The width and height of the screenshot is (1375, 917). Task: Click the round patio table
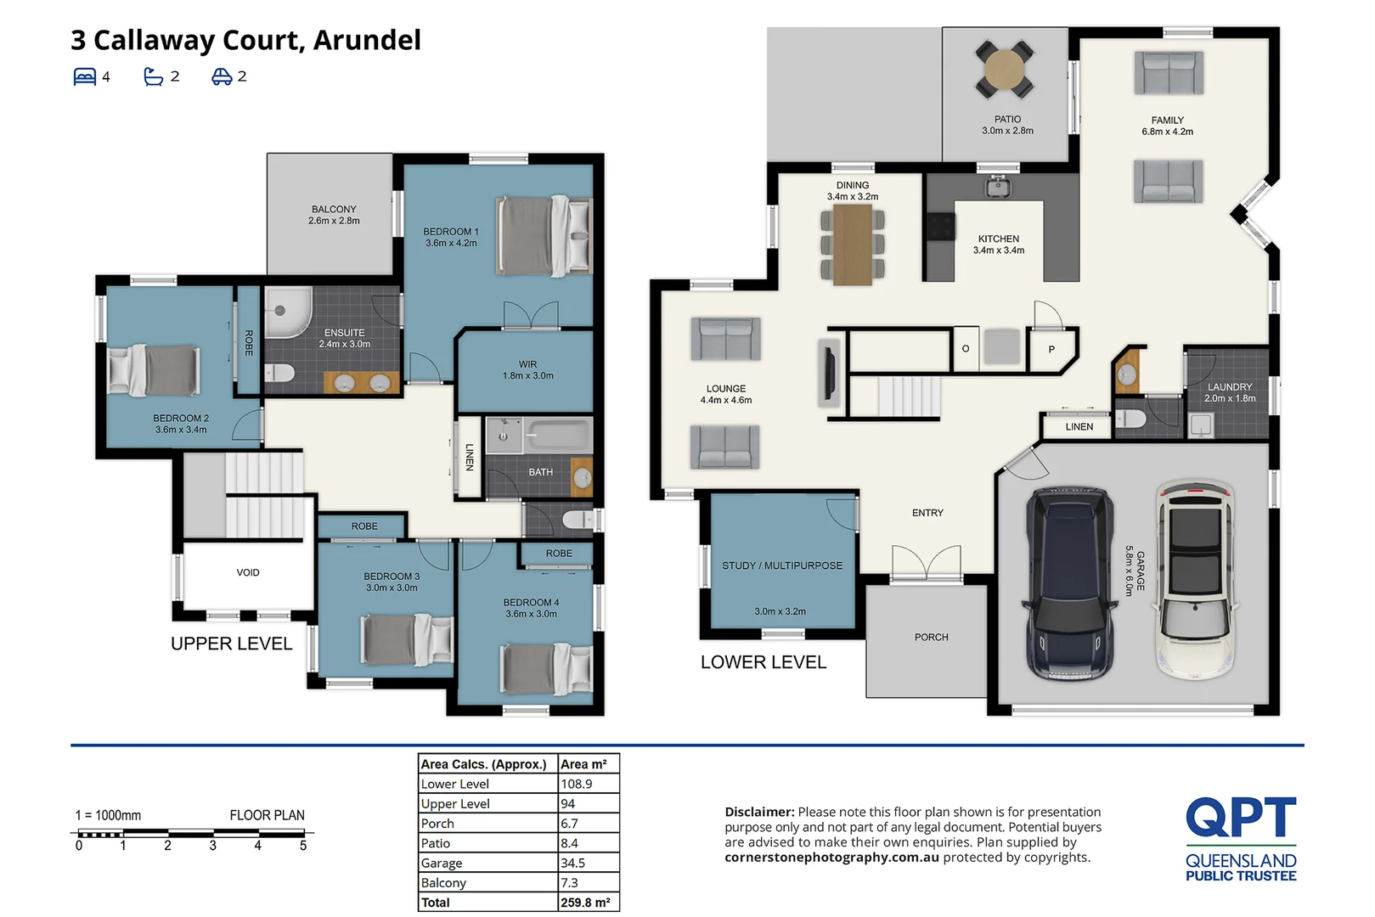[1005, 69]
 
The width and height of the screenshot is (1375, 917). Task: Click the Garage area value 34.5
[573, 863]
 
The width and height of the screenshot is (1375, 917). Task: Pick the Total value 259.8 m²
[585, 903]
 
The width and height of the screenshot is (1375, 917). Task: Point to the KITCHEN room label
[998, 239]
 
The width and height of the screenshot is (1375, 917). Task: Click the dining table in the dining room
[853, 245]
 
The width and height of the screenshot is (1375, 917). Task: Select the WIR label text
[527, 364]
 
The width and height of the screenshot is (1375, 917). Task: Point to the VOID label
[248, 572]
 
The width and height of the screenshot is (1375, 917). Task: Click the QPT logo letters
[1240, 817]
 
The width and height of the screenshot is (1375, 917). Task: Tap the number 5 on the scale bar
[303, 846]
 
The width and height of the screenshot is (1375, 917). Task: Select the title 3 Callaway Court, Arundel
[245, 40]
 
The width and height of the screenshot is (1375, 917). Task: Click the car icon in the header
[222, 76]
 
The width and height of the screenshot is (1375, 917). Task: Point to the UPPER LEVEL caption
[231, 644]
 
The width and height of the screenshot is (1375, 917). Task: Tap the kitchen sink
[999, 186]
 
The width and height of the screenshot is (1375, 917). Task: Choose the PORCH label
[931, 637]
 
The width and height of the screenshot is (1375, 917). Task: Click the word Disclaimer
[758, 812]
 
